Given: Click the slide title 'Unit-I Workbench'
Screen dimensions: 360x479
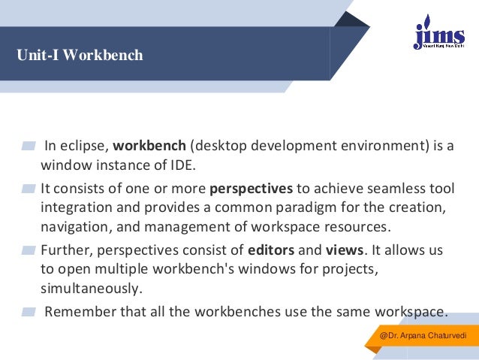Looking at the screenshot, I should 80,56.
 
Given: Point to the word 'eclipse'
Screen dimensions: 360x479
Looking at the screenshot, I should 85,146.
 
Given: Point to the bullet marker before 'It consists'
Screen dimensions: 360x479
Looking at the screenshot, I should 29,188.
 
